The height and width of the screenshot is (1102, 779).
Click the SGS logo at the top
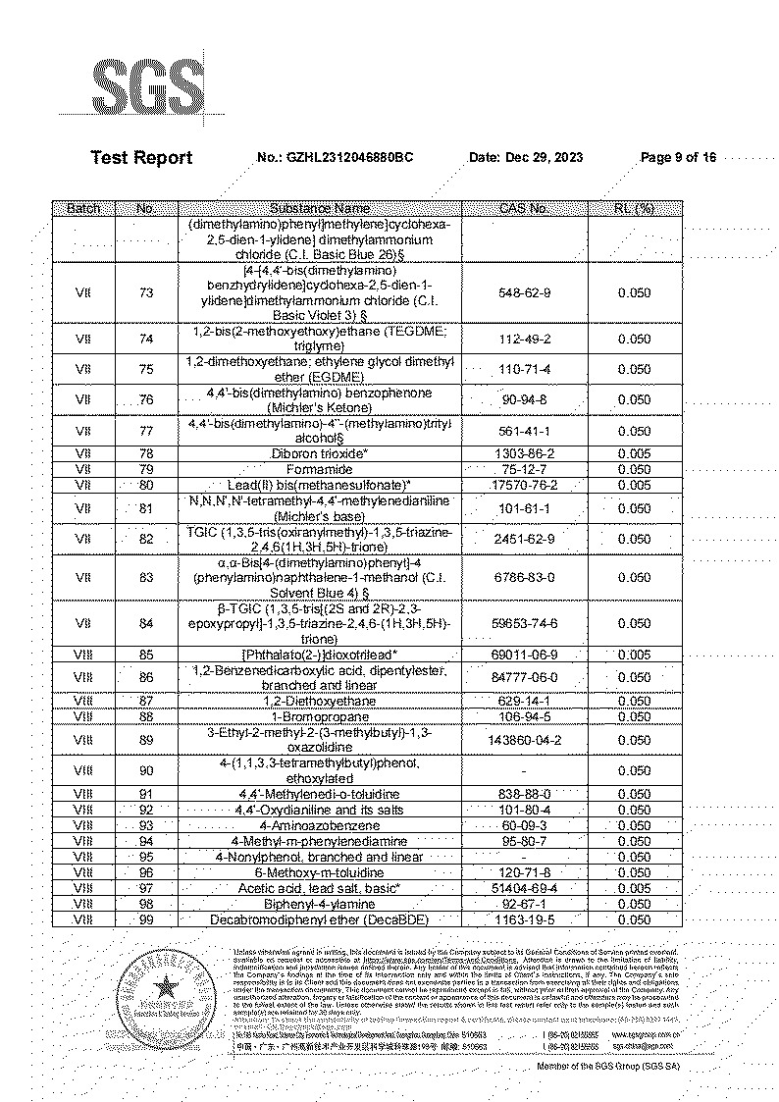pos(147,89)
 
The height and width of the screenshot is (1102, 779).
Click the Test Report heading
pos(141,157)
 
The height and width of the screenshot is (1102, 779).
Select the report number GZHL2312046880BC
pos(350,157)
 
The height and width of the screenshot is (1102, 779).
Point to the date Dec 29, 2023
pos(540,157)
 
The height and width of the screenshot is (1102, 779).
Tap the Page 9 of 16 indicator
pos(678,157)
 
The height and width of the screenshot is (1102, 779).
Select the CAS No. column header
pos(524,208)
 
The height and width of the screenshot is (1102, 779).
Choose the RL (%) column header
pos(634,208)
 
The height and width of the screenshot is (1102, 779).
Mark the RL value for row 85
pos(634,654)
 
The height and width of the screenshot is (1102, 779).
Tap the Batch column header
pos(83,208)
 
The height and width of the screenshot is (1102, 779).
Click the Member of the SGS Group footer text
pos(607,1066)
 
